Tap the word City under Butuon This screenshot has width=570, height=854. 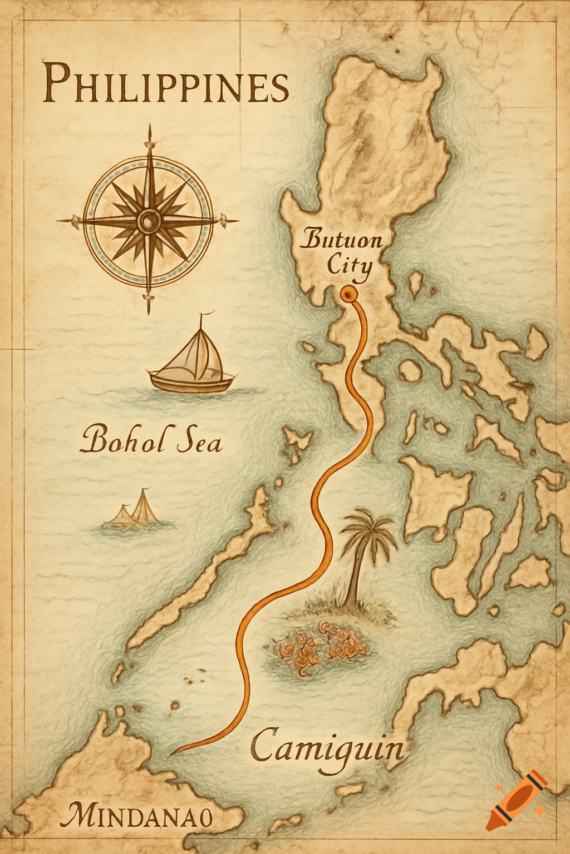[349, 265]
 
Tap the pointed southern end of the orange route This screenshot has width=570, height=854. [174, 753]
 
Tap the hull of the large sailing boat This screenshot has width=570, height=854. [191, 383]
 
